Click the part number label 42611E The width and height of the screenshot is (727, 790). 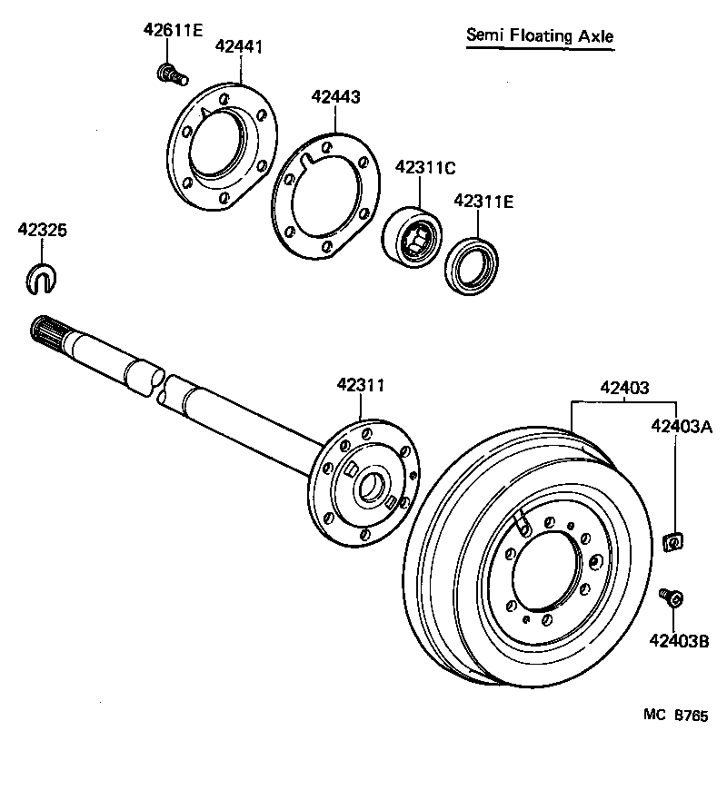click(x=173, y=29)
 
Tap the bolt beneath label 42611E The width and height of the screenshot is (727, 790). click(x=170, y=72)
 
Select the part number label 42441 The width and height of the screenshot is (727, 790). click(x=239, y=47)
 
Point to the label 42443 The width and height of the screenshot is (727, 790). click(x=335, y=96)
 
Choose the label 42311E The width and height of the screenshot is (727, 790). click(x=483, y=202)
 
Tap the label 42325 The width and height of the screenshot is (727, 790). click(x=42, y=231)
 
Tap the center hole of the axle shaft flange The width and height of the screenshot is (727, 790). click(x=370, y=489)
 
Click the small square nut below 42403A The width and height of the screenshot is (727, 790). click(x=674, y=542)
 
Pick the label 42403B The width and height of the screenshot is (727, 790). click(x=679, y=641)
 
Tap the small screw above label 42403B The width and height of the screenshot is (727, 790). click(x=672, y=598)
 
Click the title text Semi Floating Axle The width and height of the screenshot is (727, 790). click(x=540, y=36)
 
